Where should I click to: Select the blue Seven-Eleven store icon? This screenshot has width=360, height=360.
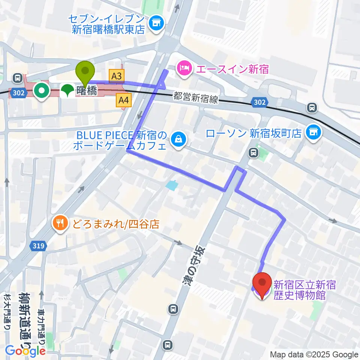(155, 23)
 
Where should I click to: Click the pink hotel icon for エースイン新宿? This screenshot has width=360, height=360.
(185, 68)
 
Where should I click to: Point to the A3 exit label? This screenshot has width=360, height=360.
(116, 76)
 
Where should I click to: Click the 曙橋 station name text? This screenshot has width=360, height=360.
(87, 90)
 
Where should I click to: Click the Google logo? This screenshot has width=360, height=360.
(25, 351)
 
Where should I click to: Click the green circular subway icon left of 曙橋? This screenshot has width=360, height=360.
(41, 90)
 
